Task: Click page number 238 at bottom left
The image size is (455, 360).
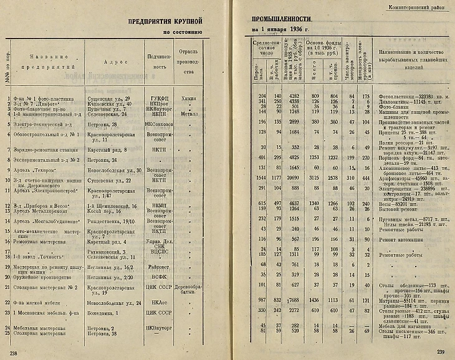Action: pos(13,353)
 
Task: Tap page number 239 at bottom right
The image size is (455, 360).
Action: pos(441,353)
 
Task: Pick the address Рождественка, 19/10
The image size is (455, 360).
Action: pos(114,219)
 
